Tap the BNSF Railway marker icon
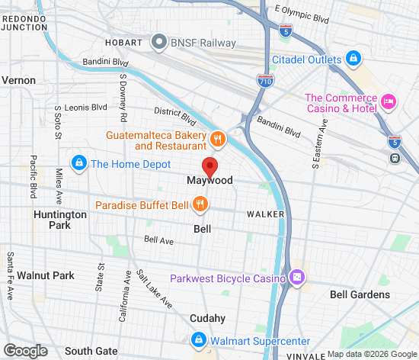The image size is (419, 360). [x=159, y=43]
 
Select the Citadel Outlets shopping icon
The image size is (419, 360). [x=353, y=59]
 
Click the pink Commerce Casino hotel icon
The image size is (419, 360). [x=389, y=101]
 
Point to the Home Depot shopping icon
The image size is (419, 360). [x=78, y=162]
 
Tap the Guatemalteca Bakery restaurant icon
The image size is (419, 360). [x=218, y=139]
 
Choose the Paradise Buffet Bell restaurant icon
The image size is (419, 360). [x=200, y=204]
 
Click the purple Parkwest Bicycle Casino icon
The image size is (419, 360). [x=297, y=277]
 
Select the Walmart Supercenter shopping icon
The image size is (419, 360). [x=197, y=339]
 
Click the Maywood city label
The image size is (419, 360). [x=209, y=182]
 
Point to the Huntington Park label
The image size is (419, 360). [x=60, y=220]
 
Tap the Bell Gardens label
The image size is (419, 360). [x=360, y=294]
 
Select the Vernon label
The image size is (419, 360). [x=18, y=79]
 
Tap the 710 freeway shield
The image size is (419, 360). [x=264, y=81]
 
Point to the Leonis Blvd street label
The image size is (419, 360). [x=86, y=108]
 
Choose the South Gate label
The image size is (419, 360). [x=91, y=351]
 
